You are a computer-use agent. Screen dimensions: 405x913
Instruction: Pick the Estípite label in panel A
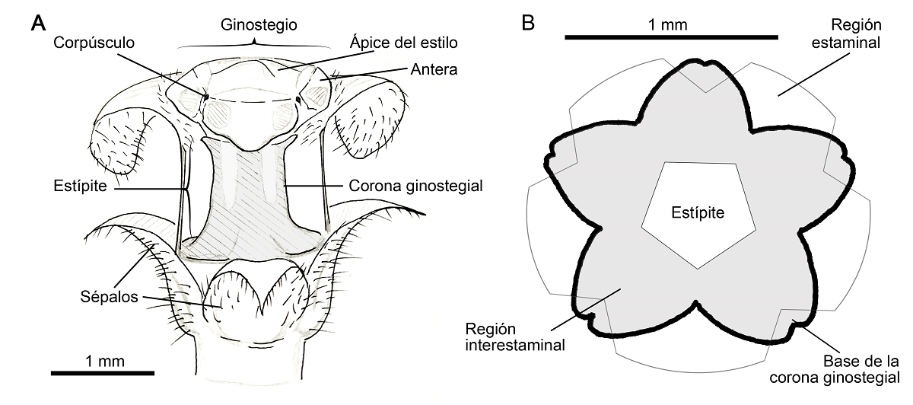click(79, 185)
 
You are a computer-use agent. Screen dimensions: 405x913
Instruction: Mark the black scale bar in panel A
click(102, 372)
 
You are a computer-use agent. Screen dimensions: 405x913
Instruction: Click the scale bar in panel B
click(672, 37)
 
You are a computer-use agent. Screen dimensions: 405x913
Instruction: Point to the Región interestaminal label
click(515, 337)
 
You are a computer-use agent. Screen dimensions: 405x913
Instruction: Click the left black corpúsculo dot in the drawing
click(206, 97)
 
